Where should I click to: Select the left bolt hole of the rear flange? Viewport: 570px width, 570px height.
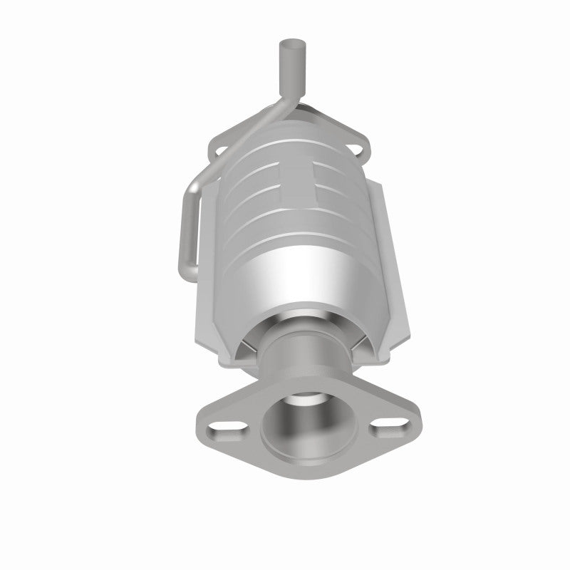220,150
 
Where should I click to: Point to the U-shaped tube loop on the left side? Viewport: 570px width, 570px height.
185,228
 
